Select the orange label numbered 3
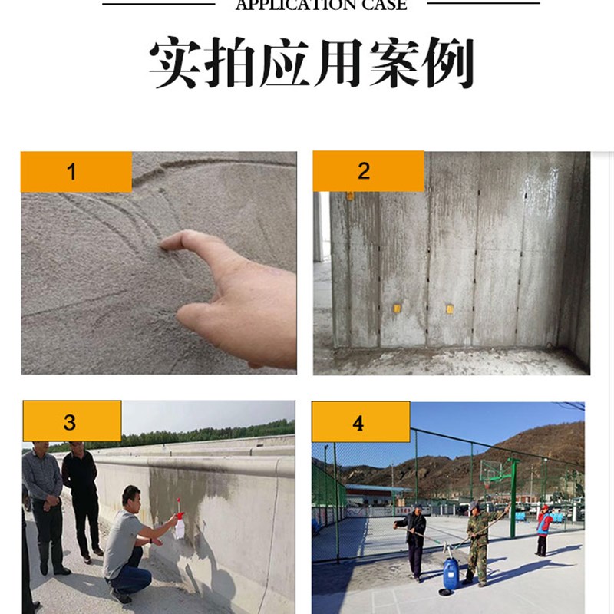pyautogui.click(x=71, y=421)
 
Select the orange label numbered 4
pyautogui.click(x=360, y=421)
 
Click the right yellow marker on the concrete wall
pyautogui.click(x=450, y=309)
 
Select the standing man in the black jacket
pyautogui.click(x=80, y=499)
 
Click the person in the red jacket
pyautogui.click(x=543, y=527)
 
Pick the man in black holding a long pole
pyautogui.click(x=414, y=541)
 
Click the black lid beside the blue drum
pyautogui.click(x=444, y=592)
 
